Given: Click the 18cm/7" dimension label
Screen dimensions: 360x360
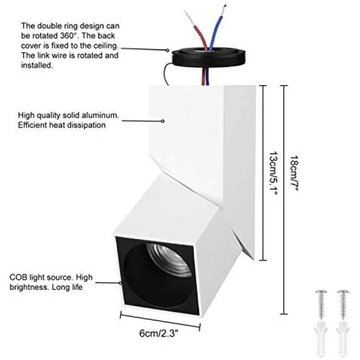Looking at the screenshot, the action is tap(294, 173).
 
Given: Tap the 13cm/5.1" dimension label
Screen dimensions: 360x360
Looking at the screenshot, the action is tap(273, 173).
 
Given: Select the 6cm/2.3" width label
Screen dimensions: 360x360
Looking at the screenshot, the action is tap(159, 333).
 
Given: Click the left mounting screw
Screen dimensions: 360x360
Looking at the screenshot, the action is tap(321, 305).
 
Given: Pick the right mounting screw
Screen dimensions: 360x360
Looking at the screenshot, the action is tap(343, 305).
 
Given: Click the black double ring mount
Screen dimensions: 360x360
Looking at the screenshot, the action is tap(209, 58).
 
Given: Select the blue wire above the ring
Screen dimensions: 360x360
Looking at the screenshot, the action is tap(216, 29).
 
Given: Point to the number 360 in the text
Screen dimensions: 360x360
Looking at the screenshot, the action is tap(67, 36).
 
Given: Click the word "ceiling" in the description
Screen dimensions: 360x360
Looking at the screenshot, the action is tap(106, 46).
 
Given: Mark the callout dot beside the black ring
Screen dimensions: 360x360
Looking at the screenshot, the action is tap(168, 50).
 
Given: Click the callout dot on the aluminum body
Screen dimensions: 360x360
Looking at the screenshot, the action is tap(163, 121).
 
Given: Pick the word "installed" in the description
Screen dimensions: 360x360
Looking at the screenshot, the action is tap(37, 65).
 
